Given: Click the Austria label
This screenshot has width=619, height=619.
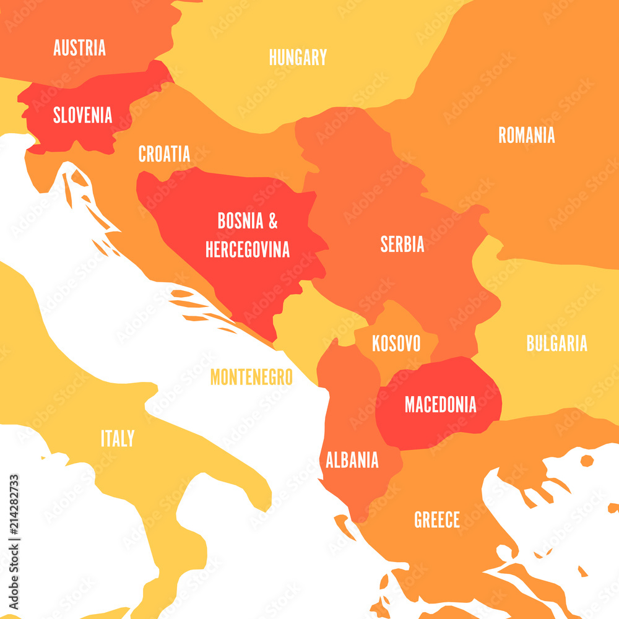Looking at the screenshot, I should coord(79,48).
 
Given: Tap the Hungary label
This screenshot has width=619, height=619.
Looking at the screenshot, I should coord(298,58).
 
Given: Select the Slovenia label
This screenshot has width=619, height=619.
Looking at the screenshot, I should coord(82,115).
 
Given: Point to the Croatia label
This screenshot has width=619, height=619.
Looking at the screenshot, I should coord(164,154).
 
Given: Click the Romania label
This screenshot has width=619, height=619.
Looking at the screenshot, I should coord(527,136).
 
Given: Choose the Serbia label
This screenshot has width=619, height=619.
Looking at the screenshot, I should coord(402,245).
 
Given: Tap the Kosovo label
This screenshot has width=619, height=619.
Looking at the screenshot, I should coord(396,344).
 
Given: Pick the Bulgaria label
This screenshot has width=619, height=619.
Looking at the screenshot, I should coord(556,344).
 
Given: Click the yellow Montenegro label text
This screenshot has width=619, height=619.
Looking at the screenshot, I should coord(251,377).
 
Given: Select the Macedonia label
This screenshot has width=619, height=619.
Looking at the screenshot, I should coord(441,405).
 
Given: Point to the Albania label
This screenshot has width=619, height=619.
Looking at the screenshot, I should coord(352,460).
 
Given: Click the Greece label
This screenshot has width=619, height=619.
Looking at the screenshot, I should coord(437,519).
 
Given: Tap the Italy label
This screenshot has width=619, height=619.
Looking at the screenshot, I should coord(118,439).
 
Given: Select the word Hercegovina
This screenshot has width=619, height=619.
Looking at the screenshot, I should coord(248,249).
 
